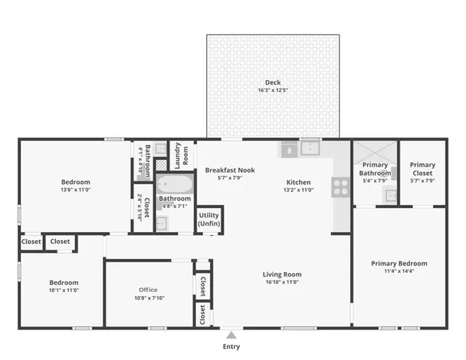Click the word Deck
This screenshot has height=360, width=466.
tap(273, 82)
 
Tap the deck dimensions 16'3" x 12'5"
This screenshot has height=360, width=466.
tap(273, 90)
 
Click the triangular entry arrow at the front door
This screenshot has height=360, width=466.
tap(231, 334)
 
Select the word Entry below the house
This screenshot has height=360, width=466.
tap(231, 347)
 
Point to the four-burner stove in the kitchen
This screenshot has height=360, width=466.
tap(341, 187)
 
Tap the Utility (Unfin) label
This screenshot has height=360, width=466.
tap(209, 220)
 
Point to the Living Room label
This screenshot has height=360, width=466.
tap(282, 274)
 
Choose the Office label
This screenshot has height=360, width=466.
tap(148, 290)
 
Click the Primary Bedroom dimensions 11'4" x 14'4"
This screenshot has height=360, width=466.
tap(400, 271)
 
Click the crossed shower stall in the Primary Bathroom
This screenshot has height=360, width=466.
tap(374, 152)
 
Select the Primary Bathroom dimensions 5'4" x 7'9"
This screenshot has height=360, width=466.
tap(374, 181)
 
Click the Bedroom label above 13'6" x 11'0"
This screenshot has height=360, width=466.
tap(75, 182)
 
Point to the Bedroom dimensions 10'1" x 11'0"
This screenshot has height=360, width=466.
tap(64, 290)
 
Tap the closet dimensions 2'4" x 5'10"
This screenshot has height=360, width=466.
tap(141, 207)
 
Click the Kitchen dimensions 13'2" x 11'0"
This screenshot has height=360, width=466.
tap(299, 190)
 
